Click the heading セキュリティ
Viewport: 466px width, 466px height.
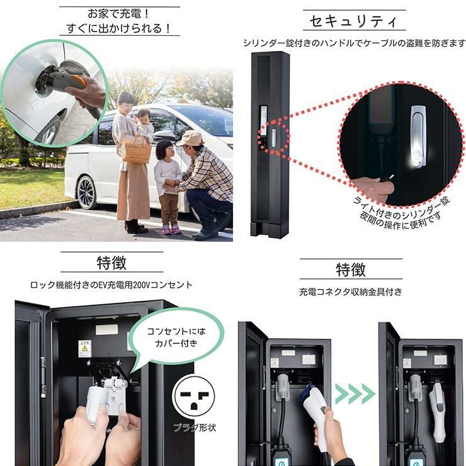pyautogui.click(x=354, y=21)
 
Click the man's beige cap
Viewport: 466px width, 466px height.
pyautogui.click(x=189, y=138)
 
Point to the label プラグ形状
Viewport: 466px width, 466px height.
pyautogui.click(x=195, y=428)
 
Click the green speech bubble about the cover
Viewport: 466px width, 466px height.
pyautogui.click(x=176, y=338)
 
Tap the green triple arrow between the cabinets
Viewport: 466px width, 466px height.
pyautogui.click(x=355, y=394)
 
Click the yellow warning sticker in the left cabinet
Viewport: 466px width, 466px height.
pyautogui.click(x=84, y=348)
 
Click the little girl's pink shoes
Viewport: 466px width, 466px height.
pyautogui.click(x=171, y=229)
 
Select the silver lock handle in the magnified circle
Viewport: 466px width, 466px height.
pyautogui.click(x=419, y=137)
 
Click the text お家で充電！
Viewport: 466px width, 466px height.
pyautogui.click(x=119, y=14)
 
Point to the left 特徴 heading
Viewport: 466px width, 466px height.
pyautogui.click(x=111, y=263)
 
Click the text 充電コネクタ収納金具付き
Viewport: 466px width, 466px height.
pyautogui.click(x=350, y=292)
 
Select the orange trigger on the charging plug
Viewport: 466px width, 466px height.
pyautogui.click(x=79, y=82)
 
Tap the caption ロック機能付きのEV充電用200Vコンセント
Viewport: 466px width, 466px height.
pyautogui.click(x=111, y=285)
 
